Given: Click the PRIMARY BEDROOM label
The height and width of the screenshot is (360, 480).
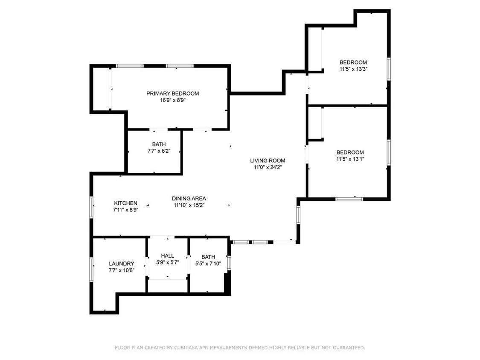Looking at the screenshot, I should (x=172, y=93).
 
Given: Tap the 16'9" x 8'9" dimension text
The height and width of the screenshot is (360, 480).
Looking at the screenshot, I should (x=172, y=101).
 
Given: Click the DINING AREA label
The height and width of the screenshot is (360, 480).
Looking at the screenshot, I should (x=189, y=198).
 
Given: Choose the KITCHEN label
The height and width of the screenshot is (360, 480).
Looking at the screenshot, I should (x=125, y=203).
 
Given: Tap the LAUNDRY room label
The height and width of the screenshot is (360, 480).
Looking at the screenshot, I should (x=121, y=264).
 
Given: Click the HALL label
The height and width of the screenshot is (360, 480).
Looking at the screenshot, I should (x=167, y=255).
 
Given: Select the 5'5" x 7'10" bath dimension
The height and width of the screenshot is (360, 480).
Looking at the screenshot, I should (x=208, y=264).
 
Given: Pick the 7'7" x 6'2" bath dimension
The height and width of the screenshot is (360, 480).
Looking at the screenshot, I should (x=159, y=151).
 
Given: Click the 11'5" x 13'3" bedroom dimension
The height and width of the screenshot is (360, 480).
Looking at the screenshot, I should (x=353, y=69).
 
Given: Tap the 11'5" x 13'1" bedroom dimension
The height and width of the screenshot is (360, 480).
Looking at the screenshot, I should (x=350, y=159).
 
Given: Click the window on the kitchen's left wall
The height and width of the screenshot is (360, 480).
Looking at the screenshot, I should (x=91, y=207).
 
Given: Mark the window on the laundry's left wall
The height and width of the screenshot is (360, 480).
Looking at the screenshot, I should (x=91, y=269).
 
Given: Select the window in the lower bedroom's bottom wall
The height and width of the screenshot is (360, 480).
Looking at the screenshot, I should (x=349, y=199).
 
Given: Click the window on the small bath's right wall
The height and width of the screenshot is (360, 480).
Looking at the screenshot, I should (x=229, y=262).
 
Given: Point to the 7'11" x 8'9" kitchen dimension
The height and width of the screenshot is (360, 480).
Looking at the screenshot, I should (x=125, y=210).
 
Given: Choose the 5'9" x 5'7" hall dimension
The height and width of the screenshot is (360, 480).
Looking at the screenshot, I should (x=167, y=262).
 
